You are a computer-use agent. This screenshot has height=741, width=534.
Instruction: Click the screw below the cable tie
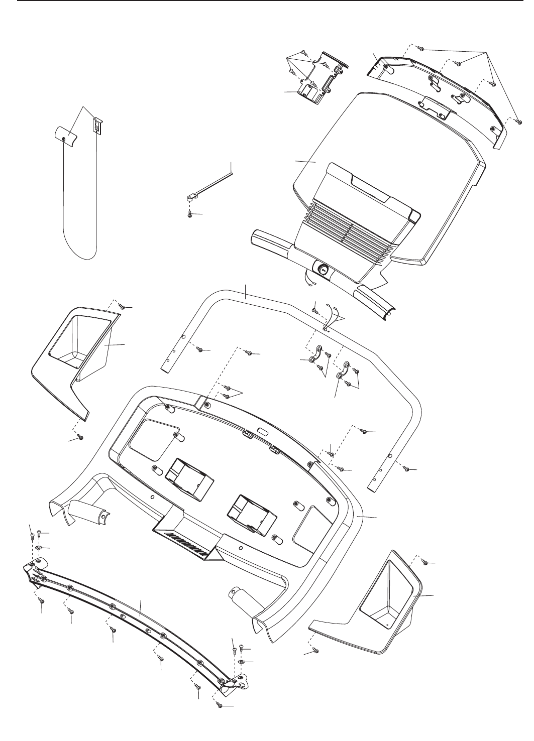coord(189,214)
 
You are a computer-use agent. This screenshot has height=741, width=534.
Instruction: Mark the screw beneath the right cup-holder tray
coord(316,651)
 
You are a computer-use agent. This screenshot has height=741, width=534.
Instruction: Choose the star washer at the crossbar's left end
coord(39,547)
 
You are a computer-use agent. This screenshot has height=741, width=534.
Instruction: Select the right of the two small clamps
coord(344,370)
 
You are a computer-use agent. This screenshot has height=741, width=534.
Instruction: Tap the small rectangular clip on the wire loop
coord(95,126)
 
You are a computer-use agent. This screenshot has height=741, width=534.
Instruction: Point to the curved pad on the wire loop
coord(65,136)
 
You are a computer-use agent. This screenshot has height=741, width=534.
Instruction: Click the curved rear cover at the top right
coord(437,95)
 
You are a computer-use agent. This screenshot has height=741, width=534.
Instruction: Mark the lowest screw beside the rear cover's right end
coord(519,121)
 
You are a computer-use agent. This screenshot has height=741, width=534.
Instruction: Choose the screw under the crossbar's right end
coord(219,705)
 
